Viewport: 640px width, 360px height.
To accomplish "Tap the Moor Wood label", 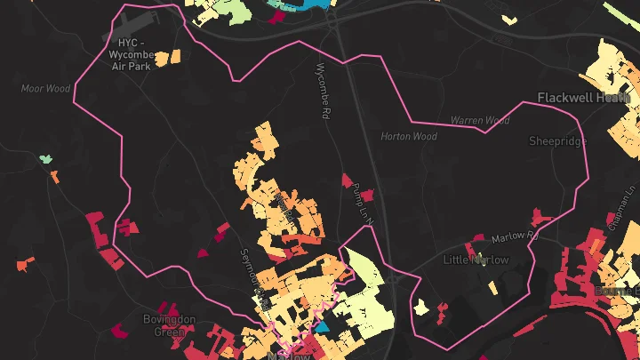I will tap(45, 88).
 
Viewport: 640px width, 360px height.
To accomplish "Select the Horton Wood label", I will tap(409, 137).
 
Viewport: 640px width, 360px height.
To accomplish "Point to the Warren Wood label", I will tap(480, 120).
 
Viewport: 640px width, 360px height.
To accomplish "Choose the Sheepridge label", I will tap(557, 140).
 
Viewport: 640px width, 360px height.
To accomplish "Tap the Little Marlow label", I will tap(476, 260).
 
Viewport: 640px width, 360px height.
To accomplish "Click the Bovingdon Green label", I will tap(164, 325).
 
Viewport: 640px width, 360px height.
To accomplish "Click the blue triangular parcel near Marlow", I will tap(322, 326).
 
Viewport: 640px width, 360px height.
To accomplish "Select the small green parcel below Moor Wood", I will tap(44, 159).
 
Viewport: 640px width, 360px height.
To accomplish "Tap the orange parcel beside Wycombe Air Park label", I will tap(175, 57).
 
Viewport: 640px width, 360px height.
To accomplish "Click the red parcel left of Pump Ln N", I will tap(347, 180).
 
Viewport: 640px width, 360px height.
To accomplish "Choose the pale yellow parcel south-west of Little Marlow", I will tap(440, 308).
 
